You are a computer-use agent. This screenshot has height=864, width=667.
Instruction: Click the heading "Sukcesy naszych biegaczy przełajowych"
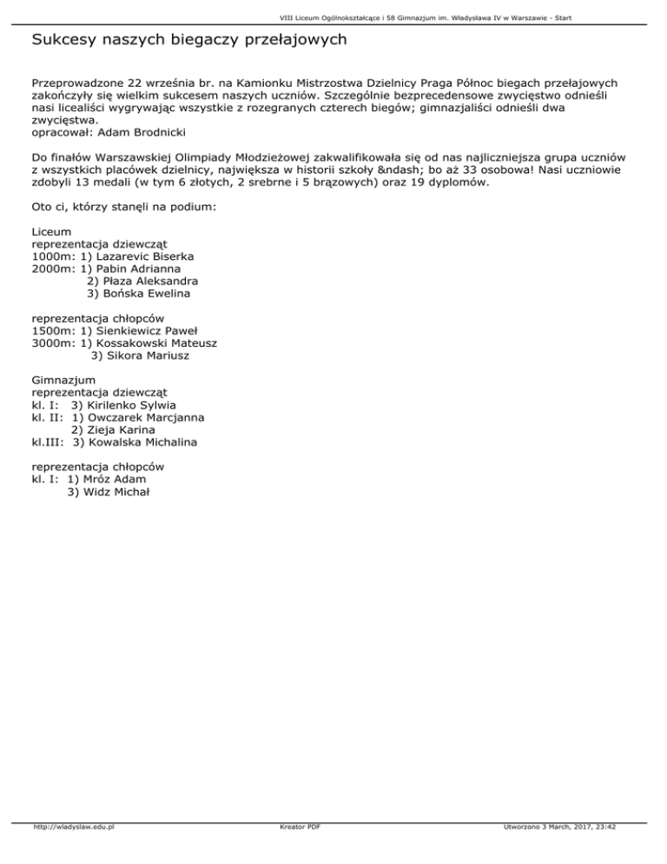[189, 40]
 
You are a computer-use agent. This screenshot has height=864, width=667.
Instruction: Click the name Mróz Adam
[113, 479]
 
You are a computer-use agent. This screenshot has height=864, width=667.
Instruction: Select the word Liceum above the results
[51, 233]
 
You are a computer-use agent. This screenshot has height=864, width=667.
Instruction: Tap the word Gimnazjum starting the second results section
[63, 381]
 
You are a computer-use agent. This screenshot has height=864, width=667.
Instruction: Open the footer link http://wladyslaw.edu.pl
[73, 827]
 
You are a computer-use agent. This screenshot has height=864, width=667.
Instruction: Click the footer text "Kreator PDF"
[296, 827]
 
